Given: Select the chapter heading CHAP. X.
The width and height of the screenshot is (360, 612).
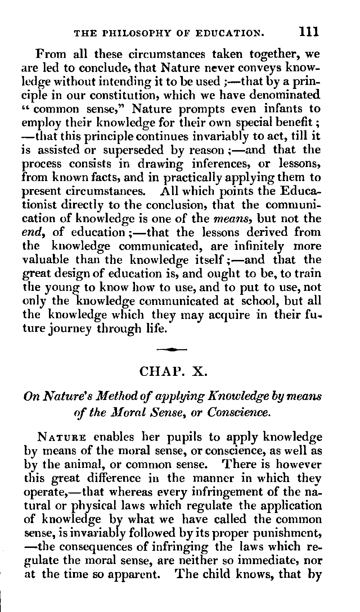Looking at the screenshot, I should [x=173, y=370].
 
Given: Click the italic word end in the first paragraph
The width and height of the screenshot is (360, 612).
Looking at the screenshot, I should [x=36, y=232].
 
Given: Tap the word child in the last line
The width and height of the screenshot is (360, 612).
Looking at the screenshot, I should [x=216, y=573].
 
